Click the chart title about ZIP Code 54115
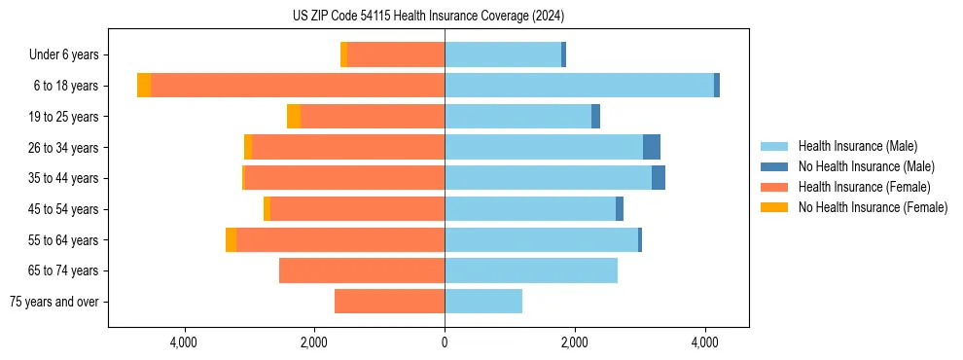pos(428,16)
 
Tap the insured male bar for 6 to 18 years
pos(579,86)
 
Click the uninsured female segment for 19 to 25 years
pos(294,117)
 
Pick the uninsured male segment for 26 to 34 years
pos(652,147)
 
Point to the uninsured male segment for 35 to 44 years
pos(659,178)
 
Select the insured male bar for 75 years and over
pos(483,302)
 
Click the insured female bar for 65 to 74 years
pos(362,270)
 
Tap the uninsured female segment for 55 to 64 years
pos(232,239)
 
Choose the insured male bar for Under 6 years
pos(503,54)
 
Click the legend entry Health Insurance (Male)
pos(857,146)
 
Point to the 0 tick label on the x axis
pos(445,342)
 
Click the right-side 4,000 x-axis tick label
pos(705,342)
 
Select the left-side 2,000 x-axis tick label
pos(314,342)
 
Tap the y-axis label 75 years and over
pos(54,302)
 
